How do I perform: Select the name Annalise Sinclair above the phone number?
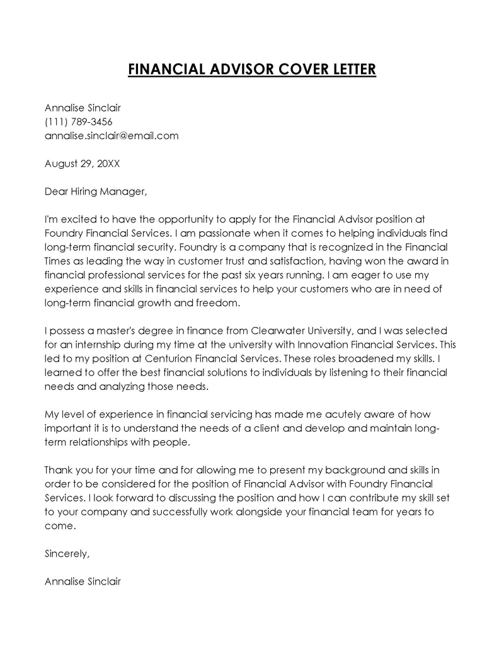pos(83,108)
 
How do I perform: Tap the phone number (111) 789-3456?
pos(78,122)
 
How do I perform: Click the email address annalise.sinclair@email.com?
pos(112,135)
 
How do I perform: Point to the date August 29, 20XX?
pos(82,163)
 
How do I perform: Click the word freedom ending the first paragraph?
pos(221,302)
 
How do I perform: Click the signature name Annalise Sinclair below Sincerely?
pos(83,581)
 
